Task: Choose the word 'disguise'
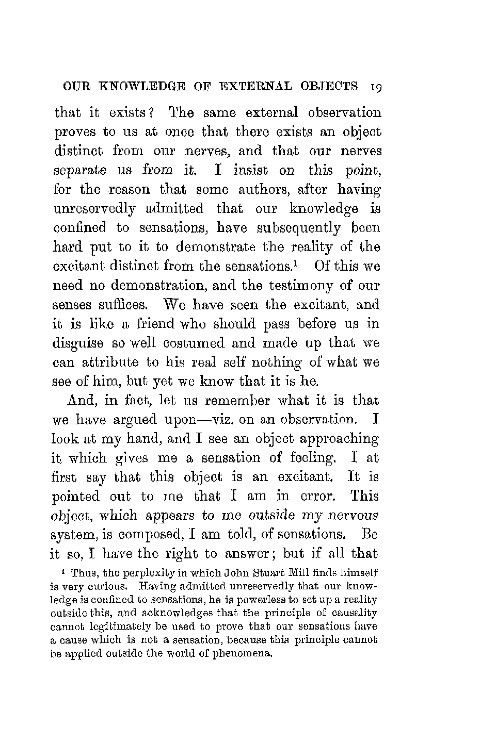78,343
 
